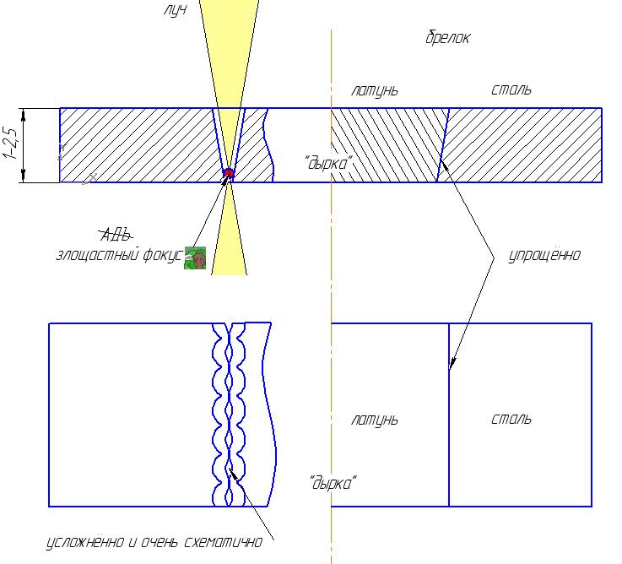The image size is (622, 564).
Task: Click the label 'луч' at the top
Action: [175, 10]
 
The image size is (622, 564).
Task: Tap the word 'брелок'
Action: [448, 38]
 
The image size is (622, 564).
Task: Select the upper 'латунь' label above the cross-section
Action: [375, 91]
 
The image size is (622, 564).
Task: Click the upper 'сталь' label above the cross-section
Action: [511, 90]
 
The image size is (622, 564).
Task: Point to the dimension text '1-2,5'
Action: [11, 144]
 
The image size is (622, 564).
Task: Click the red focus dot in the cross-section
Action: [228, 173]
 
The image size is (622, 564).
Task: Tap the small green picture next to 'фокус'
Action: [195, 258]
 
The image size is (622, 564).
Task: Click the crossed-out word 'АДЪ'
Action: [116, 235]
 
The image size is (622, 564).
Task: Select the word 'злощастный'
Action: [98, 255]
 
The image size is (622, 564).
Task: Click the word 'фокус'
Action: [163, 255]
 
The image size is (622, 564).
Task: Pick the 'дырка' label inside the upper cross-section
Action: [328, 163]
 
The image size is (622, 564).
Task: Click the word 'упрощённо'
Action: [544, 255]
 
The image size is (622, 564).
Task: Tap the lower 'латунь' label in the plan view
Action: [375, 420]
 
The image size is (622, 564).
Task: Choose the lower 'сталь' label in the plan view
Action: [511, 419]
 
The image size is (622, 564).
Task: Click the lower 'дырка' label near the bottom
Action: [333, 483]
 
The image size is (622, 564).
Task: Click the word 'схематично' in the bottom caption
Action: [224, 542]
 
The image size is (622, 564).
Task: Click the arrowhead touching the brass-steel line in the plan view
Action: [452, 362]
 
